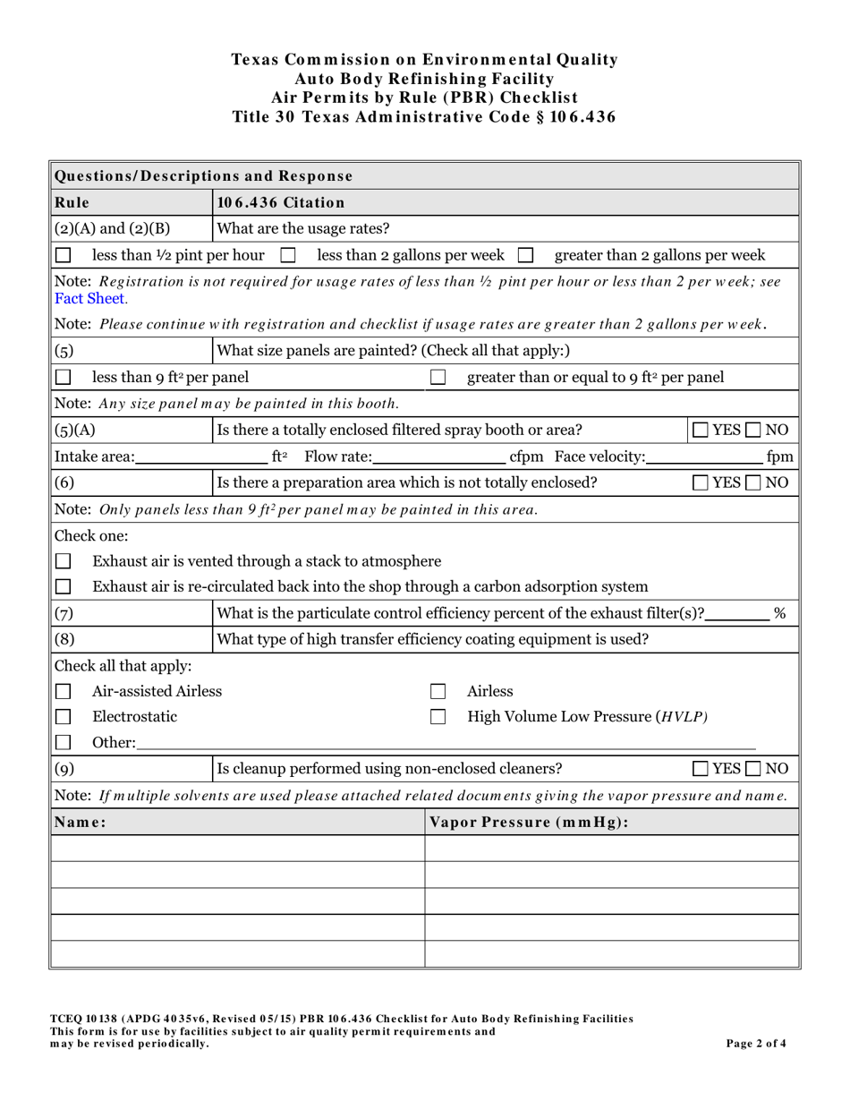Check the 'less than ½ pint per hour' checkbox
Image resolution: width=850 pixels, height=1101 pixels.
64,256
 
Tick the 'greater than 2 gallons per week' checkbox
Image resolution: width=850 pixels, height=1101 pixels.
526,256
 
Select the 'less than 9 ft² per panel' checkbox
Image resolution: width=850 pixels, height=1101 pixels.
64,379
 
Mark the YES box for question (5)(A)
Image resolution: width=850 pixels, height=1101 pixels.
702,431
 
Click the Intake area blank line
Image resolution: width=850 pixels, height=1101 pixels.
202,458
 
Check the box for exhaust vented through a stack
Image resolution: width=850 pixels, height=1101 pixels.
64,562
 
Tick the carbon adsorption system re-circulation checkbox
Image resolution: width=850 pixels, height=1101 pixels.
64,588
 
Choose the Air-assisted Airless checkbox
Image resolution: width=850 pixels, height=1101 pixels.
64,692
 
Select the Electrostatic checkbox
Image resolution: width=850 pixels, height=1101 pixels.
64,718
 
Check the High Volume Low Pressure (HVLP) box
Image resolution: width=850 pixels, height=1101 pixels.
438,718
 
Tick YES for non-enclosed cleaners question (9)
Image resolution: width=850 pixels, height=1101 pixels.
702,769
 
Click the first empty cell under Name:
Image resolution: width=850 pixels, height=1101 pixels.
237,849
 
